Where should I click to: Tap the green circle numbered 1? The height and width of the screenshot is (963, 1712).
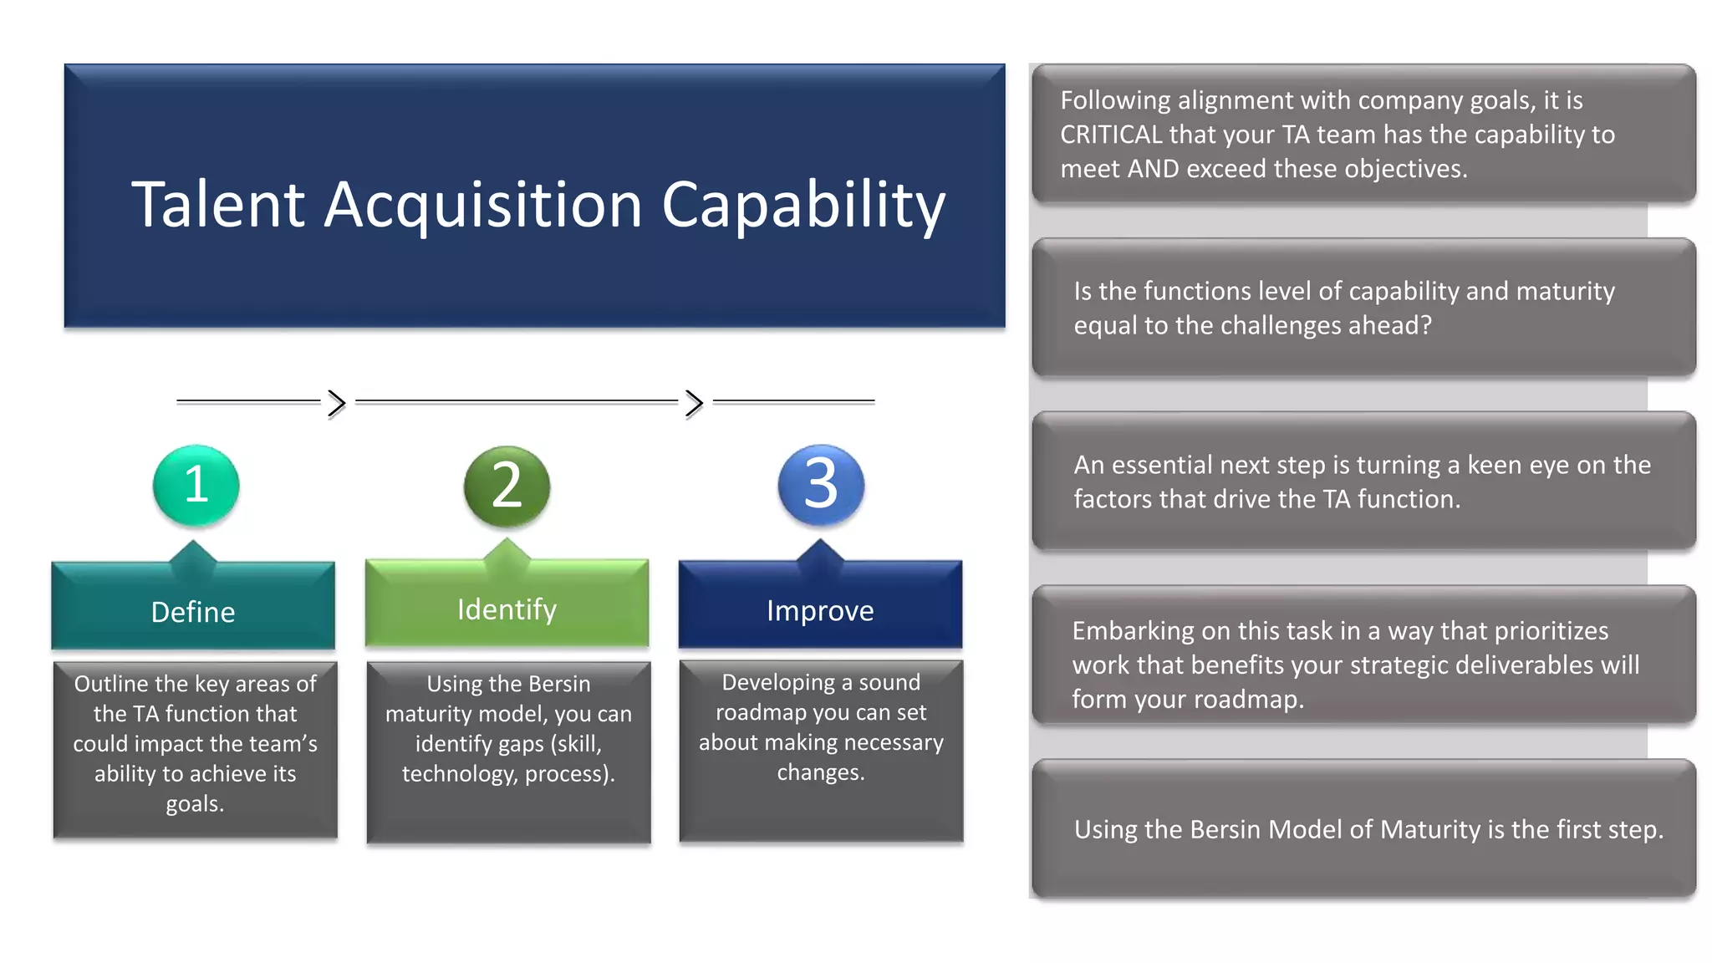[196, 485]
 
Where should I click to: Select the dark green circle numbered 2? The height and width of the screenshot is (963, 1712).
[507, 486]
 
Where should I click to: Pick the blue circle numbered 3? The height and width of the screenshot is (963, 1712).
[820, 485]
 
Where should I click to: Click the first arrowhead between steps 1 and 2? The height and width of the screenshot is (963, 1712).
[336, 403]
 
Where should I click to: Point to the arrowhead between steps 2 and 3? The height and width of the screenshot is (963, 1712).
[694, 403]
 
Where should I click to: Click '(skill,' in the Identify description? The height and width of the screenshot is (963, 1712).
[576, 744]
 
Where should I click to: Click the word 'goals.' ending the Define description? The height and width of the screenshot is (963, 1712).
[195, 804]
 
